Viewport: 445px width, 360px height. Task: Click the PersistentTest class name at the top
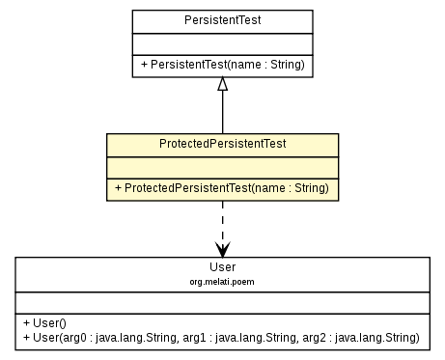pyautogui.click(x=222, y=19)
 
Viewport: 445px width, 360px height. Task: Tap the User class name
pyautogui.click(x=223, y=266)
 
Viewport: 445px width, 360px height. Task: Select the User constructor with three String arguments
pyautogui.click(x=223, y=338)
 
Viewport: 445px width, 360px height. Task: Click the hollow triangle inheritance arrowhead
pyautogui.click(x=223, y=85)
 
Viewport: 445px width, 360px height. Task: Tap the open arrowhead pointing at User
pyautogui.click(x=223, y=249)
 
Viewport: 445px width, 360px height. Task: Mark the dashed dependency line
pyautogui.click(x=223, y=222)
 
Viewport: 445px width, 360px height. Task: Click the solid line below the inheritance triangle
pyautogui.click(x=223, y=113)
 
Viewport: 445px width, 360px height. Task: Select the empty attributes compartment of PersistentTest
pyautogui.click(x=222, y=42)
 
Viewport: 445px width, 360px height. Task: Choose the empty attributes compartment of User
pyautogui.click(x=223, y=302)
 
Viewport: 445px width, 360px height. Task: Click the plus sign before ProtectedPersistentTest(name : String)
pyautogui.click(x=118, y=188)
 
